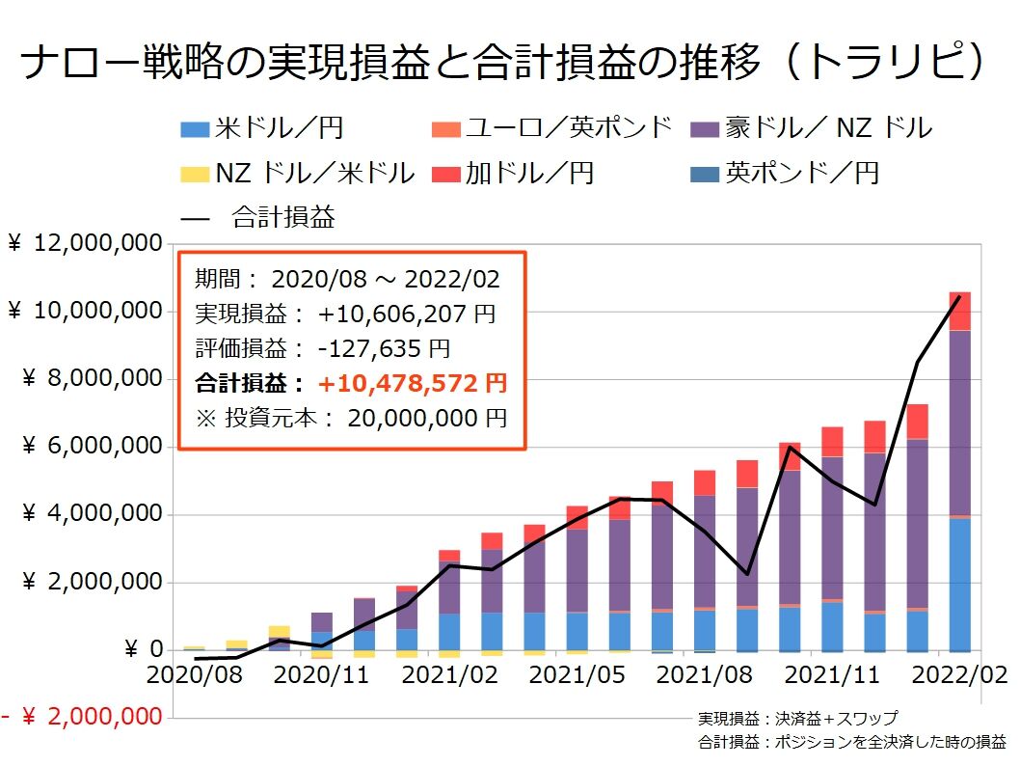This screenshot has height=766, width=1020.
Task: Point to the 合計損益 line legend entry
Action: tap(259, 217)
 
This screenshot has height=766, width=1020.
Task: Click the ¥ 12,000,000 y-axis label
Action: tap(84, 244)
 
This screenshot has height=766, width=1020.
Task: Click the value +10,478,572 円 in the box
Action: tap(413, 383)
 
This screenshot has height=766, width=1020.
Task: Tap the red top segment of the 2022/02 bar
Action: tap(959, 311)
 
